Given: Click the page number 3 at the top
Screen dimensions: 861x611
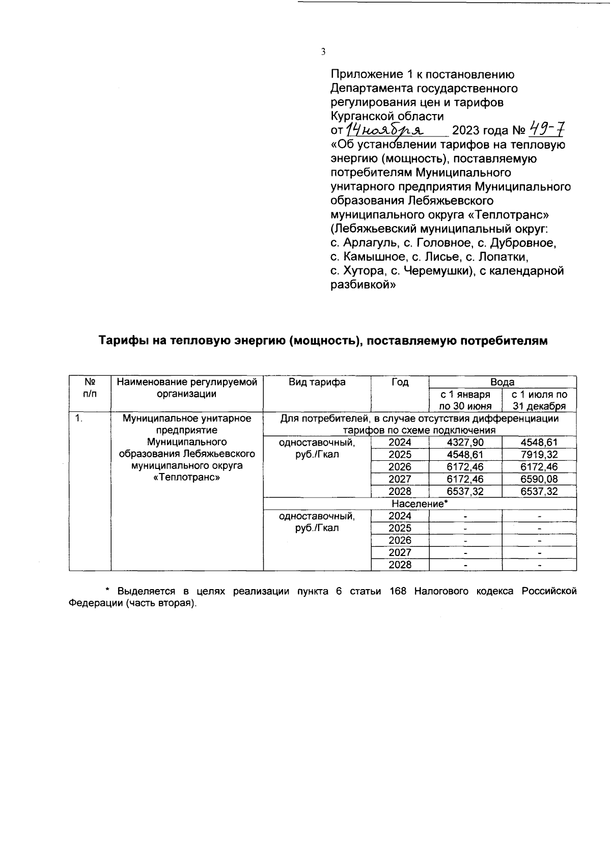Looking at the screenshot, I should pyautogui.click(x=323, y=51).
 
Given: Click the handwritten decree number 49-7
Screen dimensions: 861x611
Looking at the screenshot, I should pyautogui.click(x=547, y=129).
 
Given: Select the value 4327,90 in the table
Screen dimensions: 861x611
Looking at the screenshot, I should pyautogui.click(x=465, y=442).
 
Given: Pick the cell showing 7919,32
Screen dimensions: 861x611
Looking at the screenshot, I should pyautogui.click(x=539, y=455).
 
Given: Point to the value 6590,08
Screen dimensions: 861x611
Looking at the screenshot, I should pyautogui.click(x=539, y=479).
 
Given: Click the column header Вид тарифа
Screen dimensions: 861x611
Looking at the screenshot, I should pyautogui.click(x=317, y=382).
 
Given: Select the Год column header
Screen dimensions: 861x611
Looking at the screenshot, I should pyautogui.click(x=400, y=382).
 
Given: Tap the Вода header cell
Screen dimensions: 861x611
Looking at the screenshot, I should pyautogui.click(x=502, y=382).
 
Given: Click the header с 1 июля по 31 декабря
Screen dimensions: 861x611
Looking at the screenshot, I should pyautogui.click(x=539, y=400).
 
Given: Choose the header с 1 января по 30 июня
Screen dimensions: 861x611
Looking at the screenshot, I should pyautogui.click(x=465, y=400).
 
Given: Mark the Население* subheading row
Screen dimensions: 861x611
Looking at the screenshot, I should pyautogui.click(x=420, y=504).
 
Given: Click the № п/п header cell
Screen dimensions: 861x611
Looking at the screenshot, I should pyautogui.click(x=90, y=387).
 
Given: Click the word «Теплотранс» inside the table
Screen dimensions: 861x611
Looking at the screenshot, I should pyautogui.click(x=186, y=478).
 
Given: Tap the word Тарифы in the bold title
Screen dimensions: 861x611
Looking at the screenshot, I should pyautogui.click(x=120, y=341).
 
